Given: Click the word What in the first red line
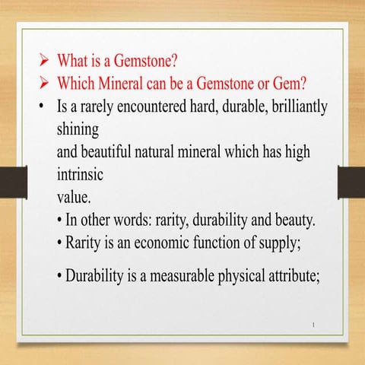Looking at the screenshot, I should click(75, 61).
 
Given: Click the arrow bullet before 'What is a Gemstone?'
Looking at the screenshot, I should click(45, 61).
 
